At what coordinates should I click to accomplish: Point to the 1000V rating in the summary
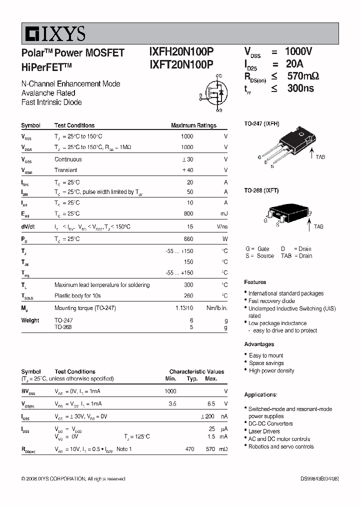click(x=298, y=51)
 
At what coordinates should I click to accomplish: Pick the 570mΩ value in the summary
click(x=303, y=76)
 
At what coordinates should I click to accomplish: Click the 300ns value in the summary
click(x=300, y=88)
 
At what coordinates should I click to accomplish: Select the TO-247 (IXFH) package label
click(x=261, y=123)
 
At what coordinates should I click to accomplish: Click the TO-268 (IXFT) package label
click(x=261, y=190)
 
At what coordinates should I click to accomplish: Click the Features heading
click(x=255, y=282)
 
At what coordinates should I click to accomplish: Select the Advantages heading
click(x=259, y=344)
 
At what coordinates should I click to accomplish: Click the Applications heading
click(x=260, y=394)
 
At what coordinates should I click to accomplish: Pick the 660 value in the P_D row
click(x=188, y=239)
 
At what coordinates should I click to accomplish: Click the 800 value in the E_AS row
click(x=188, y=213)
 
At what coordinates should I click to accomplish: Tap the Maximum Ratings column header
click(x=193, y=125)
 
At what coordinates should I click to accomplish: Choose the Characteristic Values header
click(x=196, y=371)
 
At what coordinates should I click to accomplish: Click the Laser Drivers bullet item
click(x=264, y=431)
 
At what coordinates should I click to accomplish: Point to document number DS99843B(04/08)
click(x=316, y=478)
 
